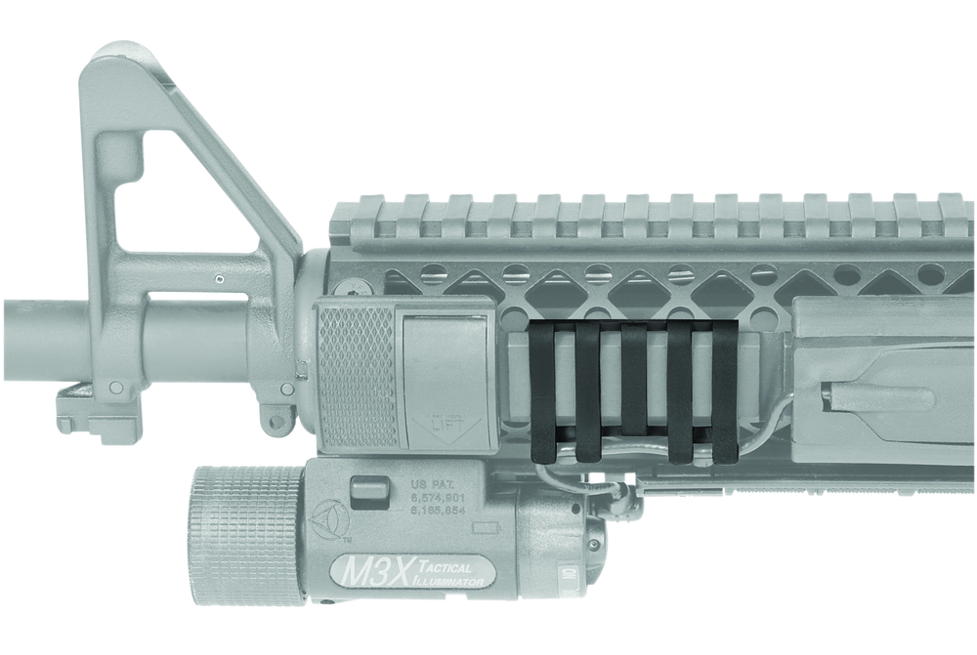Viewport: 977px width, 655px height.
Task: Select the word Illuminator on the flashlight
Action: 446,582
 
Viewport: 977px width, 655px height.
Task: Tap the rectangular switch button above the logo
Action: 363,490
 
